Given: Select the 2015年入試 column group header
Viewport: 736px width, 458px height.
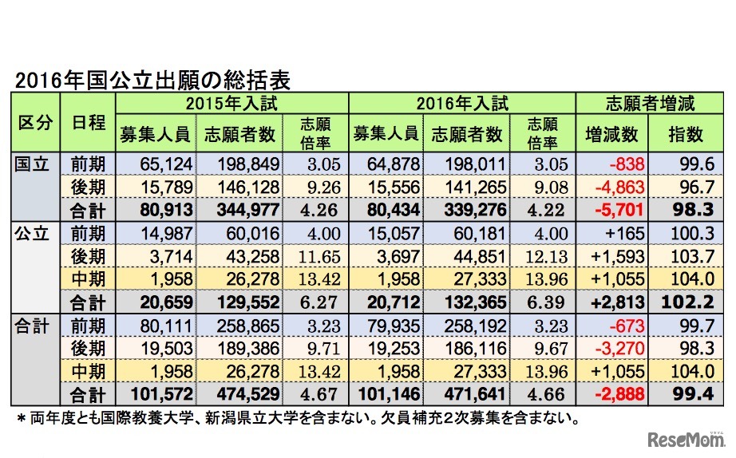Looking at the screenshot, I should point(232,103).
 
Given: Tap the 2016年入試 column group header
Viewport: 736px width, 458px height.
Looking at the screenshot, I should point(462,103).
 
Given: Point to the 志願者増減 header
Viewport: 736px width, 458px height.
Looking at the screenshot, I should point(651,103).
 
